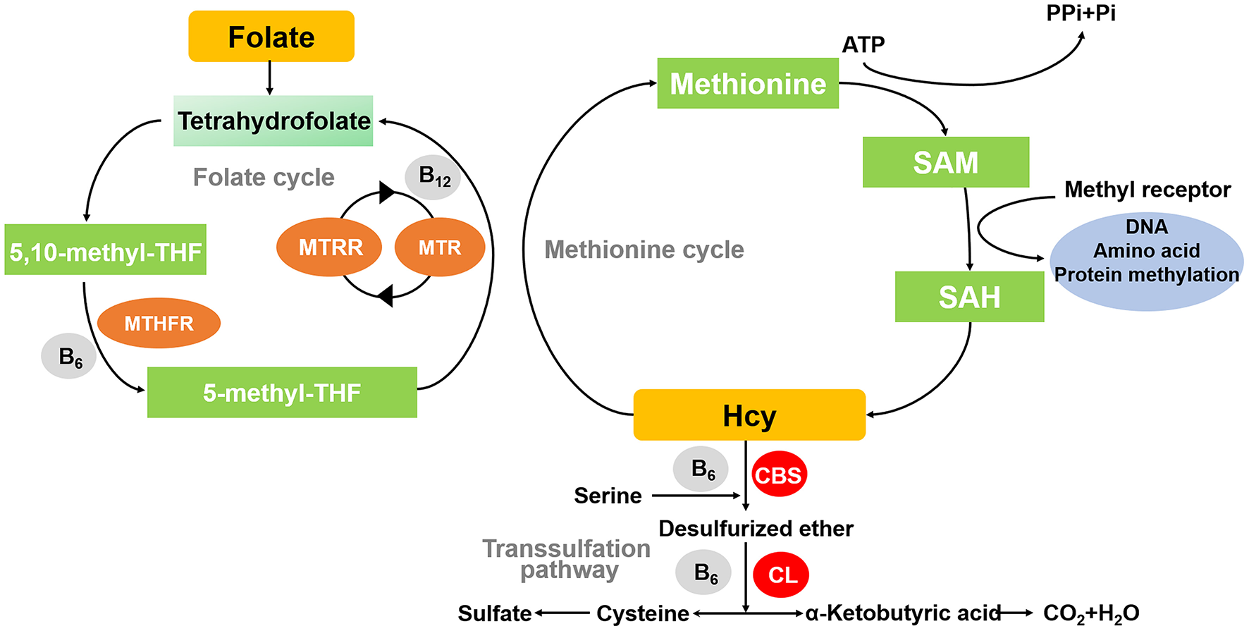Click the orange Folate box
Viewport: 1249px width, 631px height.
(271, 37)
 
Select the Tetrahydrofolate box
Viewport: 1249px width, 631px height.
(273, 121)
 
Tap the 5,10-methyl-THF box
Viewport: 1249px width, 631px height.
(106, 250)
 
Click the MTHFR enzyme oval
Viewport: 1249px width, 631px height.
(159, 323)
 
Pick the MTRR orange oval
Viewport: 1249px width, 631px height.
(329, 247)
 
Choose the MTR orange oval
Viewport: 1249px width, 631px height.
(440, 247)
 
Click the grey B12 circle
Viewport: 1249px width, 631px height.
(433, 176)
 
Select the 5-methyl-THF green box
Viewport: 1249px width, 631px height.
(282, 392)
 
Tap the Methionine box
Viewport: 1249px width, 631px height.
(748, 83)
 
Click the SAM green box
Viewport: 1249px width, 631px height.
(945, 162)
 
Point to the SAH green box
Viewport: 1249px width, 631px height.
(969, 297)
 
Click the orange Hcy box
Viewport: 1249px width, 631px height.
(749, 415)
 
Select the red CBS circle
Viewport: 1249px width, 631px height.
(779, 474)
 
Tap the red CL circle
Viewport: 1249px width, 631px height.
(781, 575)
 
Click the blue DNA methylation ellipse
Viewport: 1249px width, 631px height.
(1147, 261)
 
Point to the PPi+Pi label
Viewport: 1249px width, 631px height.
(1081, 13)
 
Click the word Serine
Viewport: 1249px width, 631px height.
(608, 496)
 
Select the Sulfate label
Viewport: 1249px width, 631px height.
(494, 613)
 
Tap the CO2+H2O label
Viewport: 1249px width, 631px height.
(1090, 613)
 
